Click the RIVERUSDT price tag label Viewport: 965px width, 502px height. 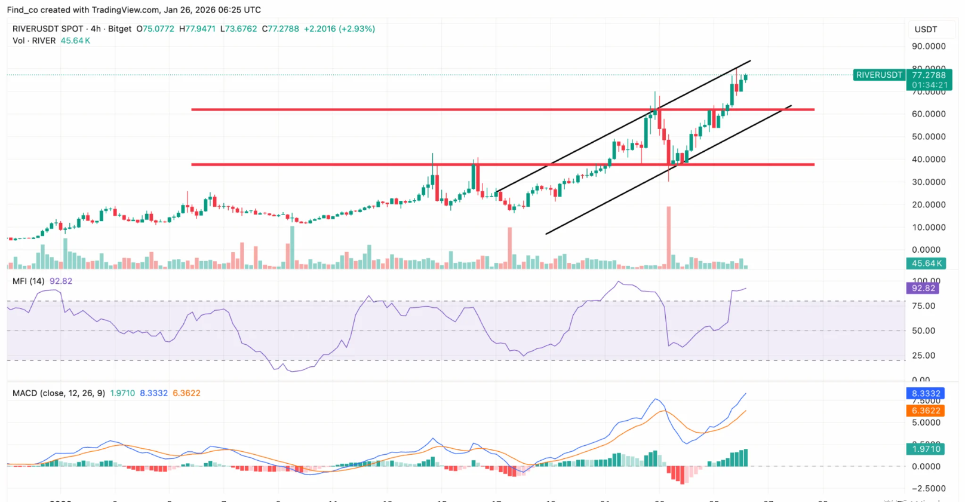click(879, 75)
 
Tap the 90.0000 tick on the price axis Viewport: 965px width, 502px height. click(928, 47)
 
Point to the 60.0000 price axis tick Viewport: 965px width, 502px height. click(928, 114)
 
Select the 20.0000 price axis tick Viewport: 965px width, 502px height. click(928, 205)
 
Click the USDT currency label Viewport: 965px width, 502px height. click(926, 29)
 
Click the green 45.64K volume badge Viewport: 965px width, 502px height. click(926, 264)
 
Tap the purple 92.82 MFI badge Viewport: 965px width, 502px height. click(923, 288)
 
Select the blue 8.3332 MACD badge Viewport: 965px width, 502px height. click(926, 393)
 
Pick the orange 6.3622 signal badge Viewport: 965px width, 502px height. click(926, 411)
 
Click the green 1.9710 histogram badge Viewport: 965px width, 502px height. click(926, 449)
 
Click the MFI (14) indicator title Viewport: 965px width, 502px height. click(29, 281)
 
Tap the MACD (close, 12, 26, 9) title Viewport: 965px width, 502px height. click(59, 393)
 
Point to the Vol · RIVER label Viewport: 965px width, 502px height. click(34, 41)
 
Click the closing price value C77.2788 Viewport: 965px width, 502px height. click(281, 29)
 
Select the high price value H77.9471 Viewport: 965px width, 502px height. click(197, 29)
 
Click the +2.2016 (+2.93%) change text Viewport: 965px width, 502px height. click(339, 29)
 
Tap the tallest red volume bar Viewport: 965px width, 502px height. click(669, 237)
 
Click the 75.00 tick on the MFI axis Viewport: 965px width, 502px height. click(923, 306)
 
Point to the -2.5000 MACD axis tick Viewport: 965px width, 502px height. click(928, 488)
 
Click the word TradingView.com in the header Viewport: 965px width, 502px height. click(125, 10)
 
